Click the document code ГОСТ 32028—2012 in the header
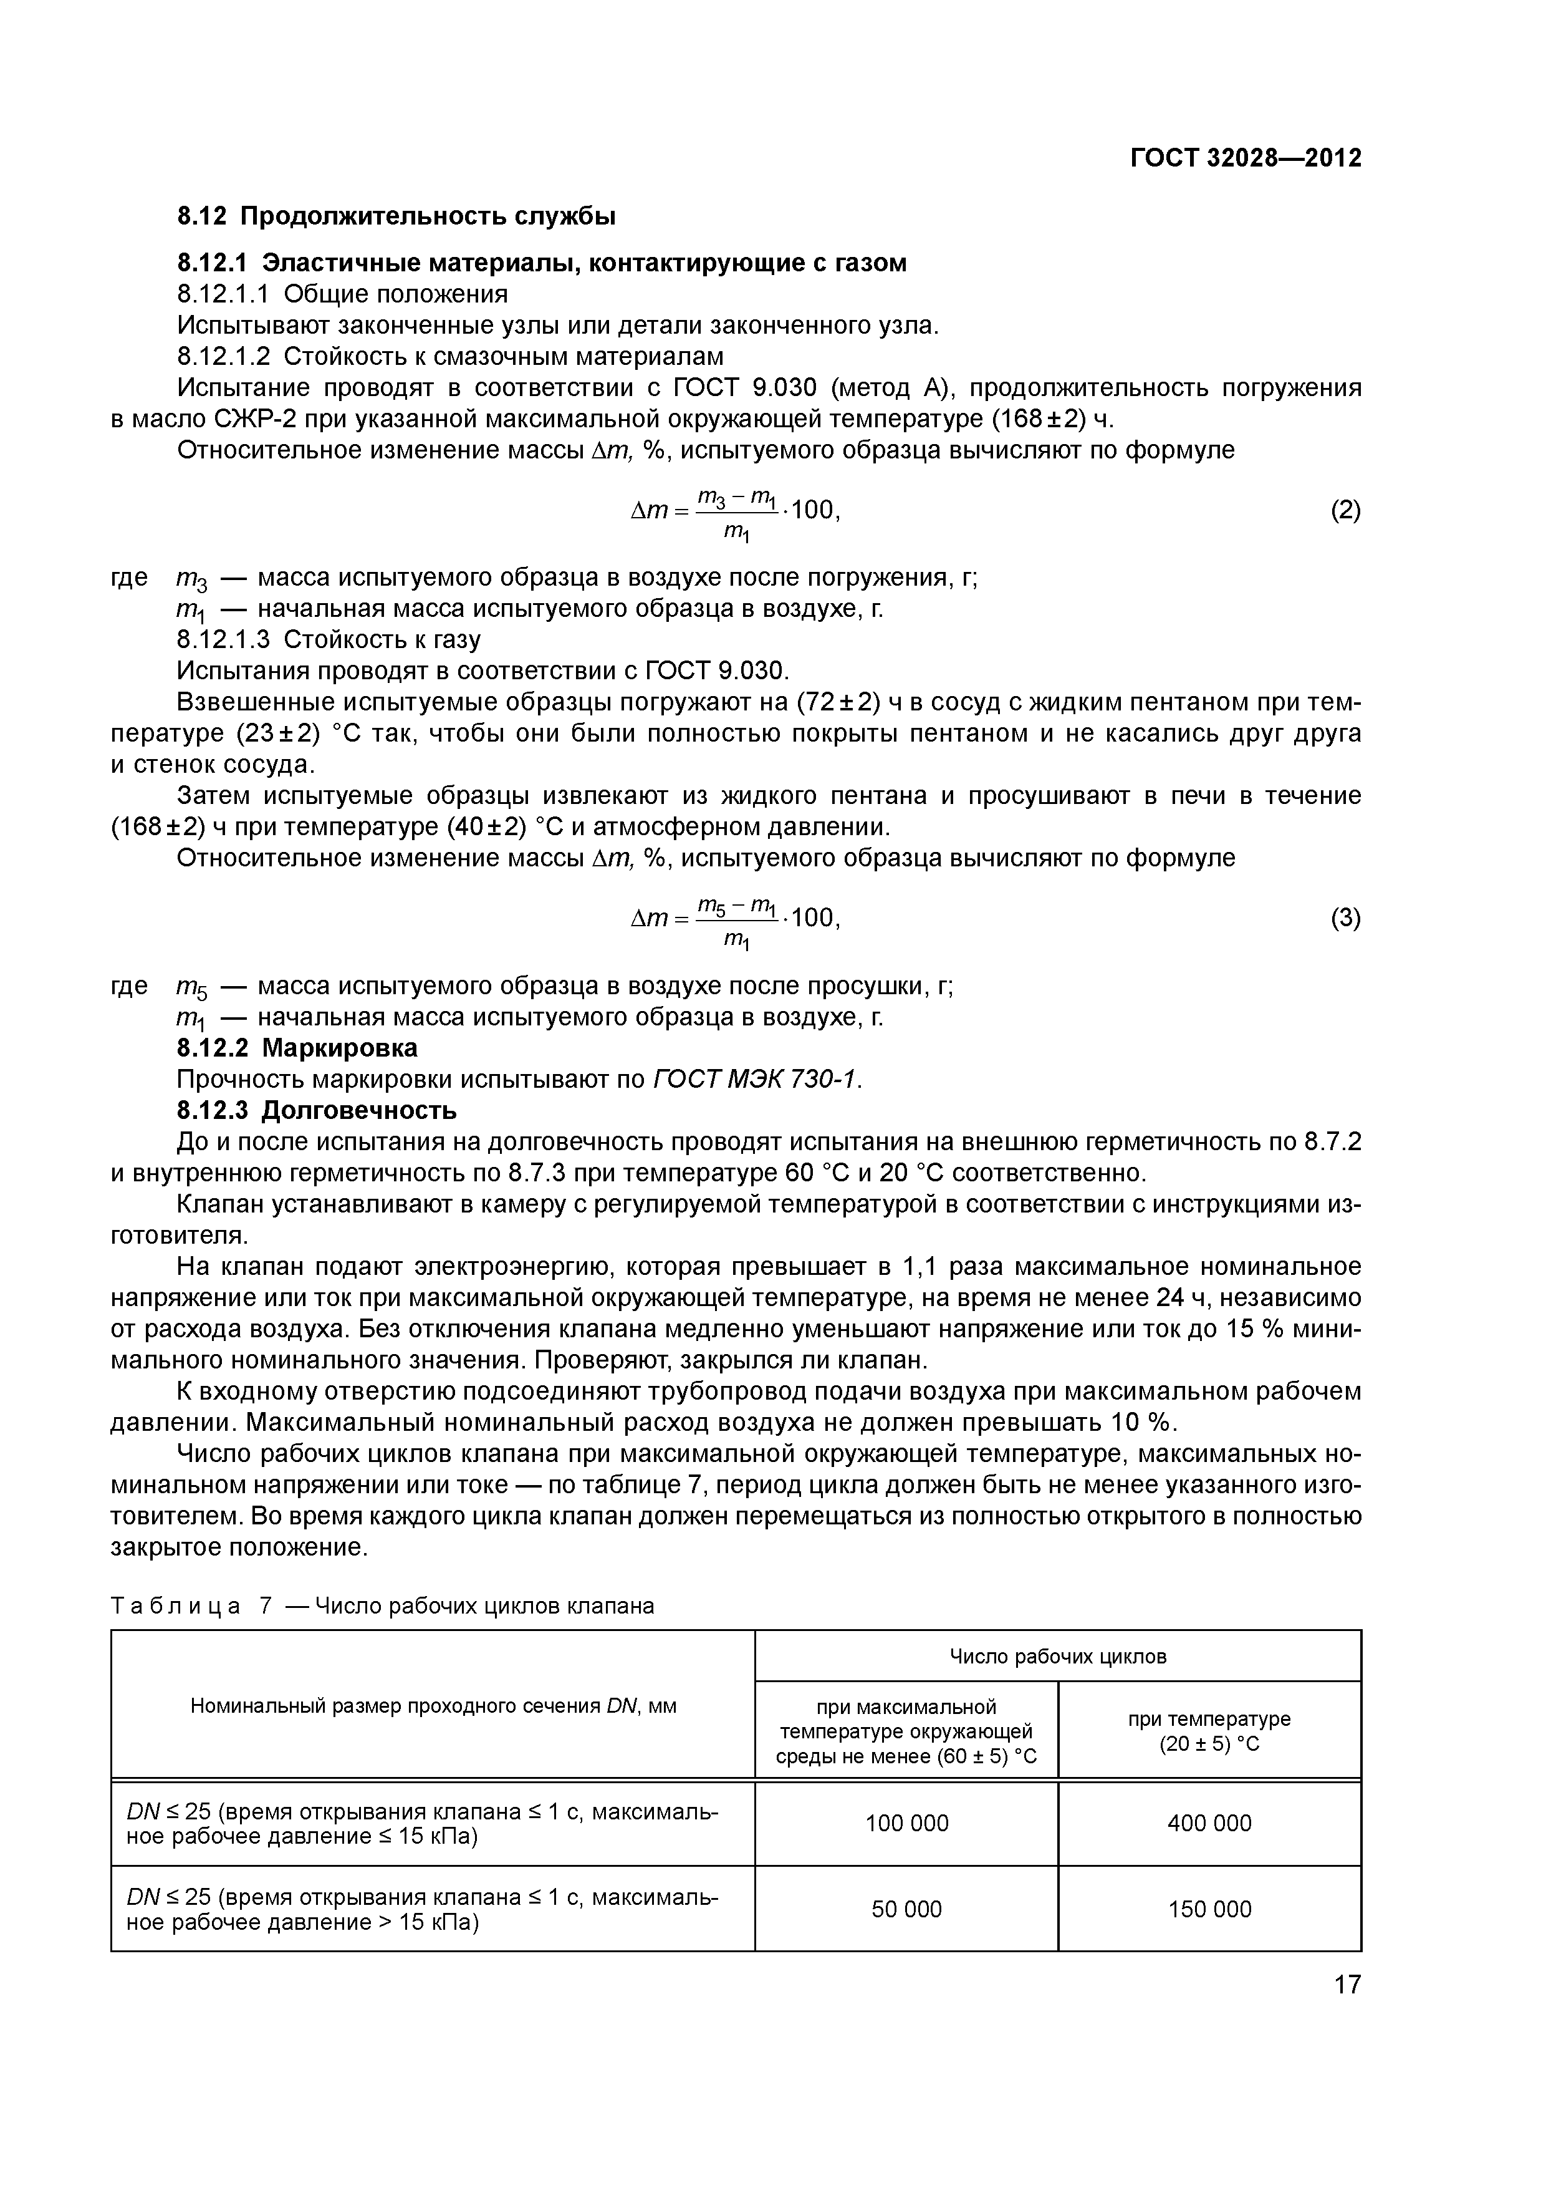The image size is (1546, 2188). pos(1245,157)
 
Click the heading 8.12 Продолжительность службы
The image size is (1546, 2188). pos(396,216)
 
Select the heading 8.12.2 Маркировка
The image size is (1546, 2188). pos(297,1048)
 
